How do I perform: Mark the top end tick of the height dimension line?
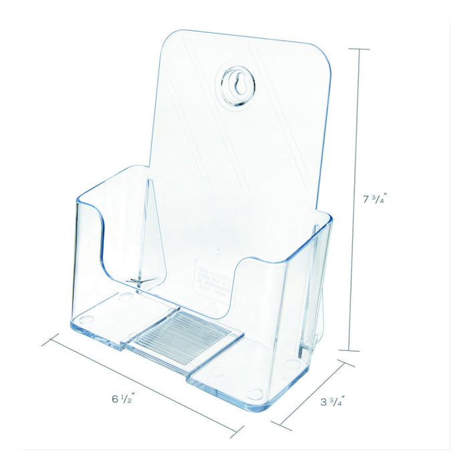click(359, 49)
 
